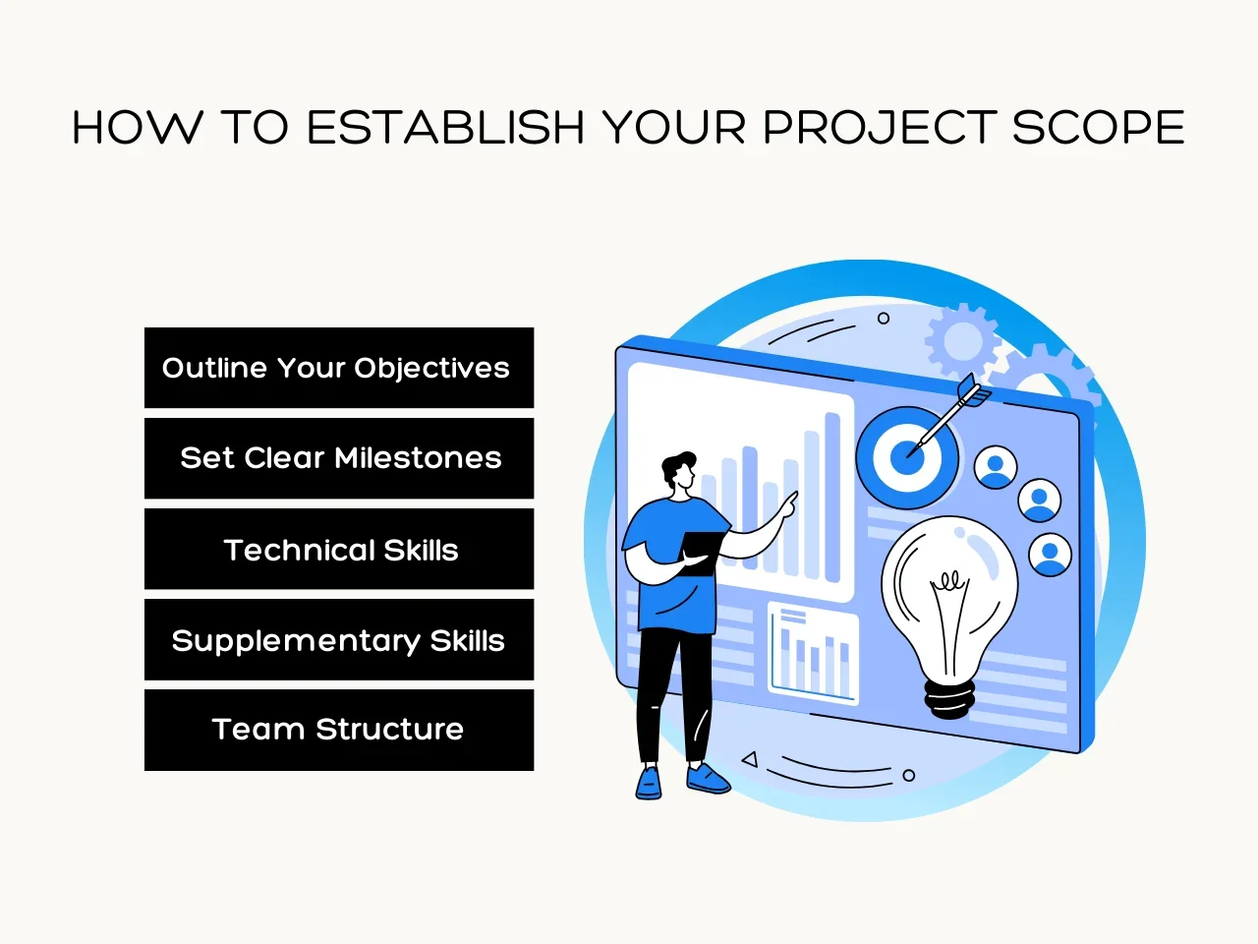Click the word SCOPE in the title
point(1098,127)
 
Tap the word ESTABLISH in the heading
point(446,127)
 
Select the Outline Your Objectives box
point(339,368)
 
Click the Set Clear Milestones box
point(339,458)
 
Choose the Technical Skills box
point(339,549)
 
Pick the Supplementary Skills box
point(339,639)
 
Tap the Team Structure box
point(339,731)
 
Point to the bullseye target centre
point(907,458)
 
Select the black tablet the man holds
point(702,553)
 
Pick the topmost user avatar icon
point(996,467)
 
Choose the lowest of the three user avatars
point(1050,555)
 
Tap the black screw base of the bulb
point(949,699)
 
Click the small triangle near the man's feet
point(750,759)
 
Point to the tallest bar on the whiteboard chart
point(832,498)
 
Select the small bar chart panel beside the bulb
point(813,653)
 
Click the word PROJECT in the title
point(881,127)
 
